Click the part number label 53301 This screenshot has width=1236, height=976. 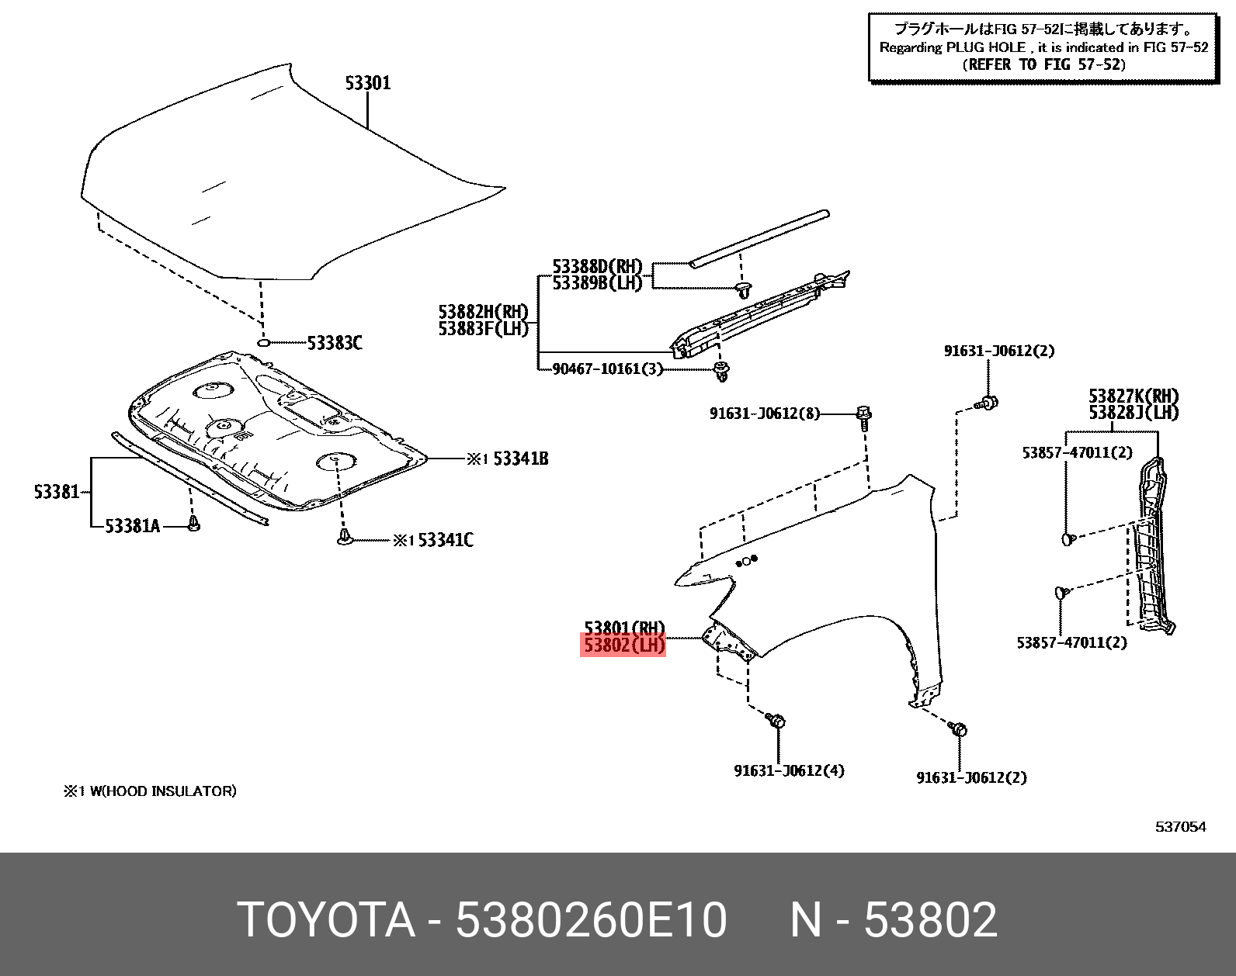pyautogui.click(x=368, y=83)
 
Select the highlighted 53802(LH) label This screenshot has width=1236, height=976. pyautogui.click(x=623, y=645)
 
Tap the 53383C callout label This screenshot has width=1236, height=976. pyautogui.click(x=335, y=343)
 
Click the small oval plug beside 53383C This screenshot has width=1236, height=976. pyautogui.click(x=263, y=342)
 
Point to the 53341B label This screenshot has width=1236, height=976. pyautogui.click(x=520, y=459)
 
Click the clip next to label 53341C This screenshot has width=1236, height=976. pyautogui.click(x=345, y=537)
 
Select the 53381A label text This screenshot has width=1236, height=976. pyautogui.click(x=132, y=526)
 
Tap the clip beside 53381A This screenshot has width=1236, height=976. pyautogui.click(x=194, y=524)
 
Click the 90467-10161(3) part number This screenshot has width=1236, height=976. pyautogui.click(x=607, y=369)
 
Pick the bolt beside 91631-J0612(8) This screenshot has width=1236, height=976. pyautogui.click(x=864, y=414)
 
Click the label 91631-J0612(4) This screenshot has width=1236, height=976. pyautogui.click(x=789, y=770)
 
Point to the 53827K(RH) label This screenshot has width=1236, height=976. pyautogui.click(x=1133, y=397)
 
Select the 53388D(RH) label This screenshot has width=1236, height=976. pyautogui.click(x=597, y=267)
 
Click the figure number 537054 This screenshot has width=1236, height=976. pyautogui.click(x=1180, y=827)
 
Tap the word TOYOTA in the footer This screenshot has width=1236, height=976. pyautogui.click(x=326, y=920)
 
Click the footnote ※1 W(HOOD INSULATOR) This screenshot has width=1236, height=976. pyautogui.click(x=150, y=791)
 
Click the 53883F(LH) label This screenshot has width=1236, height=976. pyautogui.click(x=483, y=328)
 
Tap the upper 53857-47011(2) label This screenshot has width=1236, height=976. pyautogui.click(x=1077, y=452)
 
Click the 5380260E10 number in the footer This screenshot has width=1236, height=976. pyautogui.click(x=591, y=920)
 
